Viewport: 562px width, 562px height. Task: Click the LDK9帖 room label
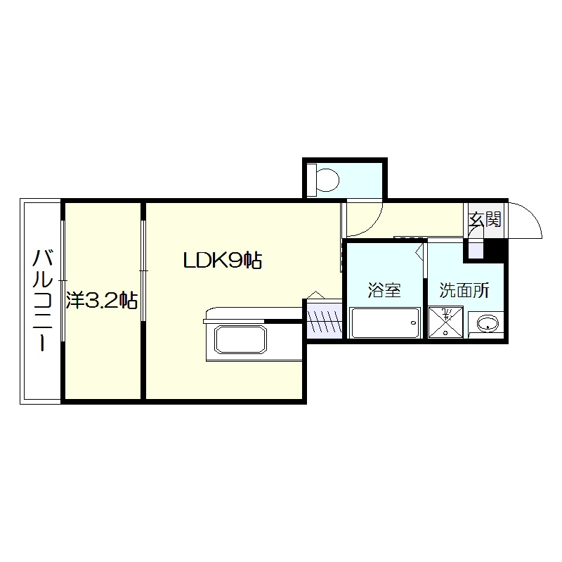(x=223, y=260)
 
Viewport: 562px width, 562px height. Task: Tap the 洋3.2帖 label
(x=102, y=301)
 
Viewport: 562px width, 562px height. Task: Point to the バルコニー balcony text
(x=43, y=300)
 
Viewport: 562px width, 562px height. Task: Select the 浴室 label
(x=384, y=290)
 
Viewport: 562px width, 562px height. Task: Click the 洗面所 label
(x=464, y=290)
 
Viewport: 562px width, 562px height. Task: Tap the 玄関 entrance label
(x=485, y=219)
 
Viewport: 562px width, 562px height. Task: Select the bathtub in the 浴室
(x=385, y=322)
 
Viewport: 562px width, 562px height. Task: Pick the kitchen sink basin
(x=240, y=339)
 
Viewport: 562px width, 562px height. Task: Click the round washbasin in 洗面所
(x=488, y=323)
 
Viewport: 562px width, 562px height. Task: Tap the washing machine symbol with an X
(x=446, y=322)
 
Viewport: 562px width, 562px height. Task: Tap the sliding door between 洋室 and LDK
(x=143, y=270)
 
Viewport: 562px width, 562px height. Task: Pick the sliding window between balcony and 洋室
(x=63, y=280)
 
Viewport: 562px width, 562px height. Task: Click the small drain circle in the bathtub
(x=414, y=322)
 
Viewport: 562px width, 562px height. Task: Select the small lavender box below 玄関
(x=476, y=250)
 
